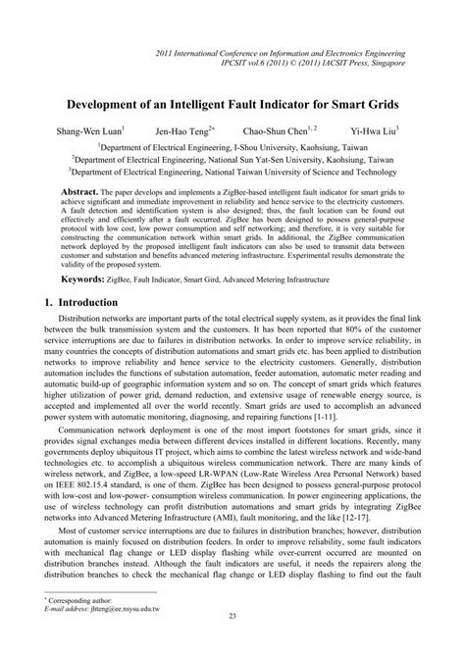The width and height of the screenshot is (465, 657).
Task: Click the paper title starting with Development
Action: [x=232, y=101]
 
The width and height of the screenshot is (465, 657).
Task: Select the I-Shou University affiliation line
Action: [x=232, y=143]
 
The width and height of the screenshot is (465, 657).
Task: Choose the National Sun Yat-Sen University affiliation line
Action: [x=232, y=157]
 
